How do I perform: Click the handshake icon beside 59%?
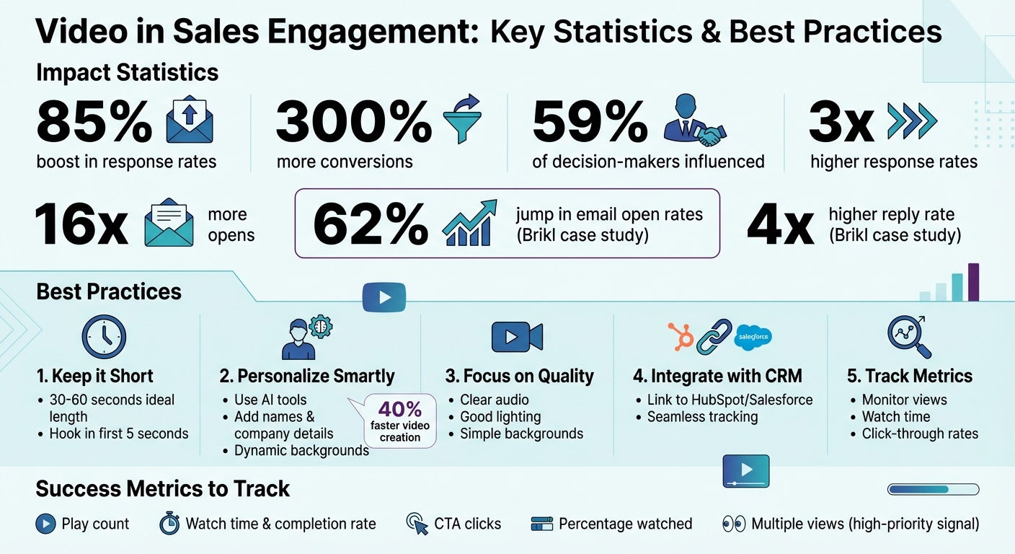(696, 120)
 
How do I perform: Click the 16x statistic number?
(81, 225)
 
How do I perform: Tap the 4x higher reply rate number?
(781, 225)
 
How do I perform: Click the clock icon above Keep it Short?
(104, 337)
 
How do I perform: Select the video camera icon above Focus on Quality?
(517, 337)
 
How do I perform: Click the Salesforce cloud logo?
(753, 337)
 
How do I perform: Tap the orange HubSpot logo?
(681, 335)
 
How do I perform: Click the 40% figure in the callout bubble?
(400, 410)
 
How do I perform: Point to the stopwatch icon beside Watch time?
(169, 524)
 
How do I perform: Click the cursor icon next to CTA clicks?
(417, 524)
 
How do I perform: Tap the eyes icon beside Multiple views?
(734, 524)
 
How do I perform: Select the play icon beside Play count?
(45, 524)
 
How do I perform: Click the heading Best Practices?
(109, 291)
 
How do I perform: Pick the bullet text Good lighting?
(500, 417)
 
